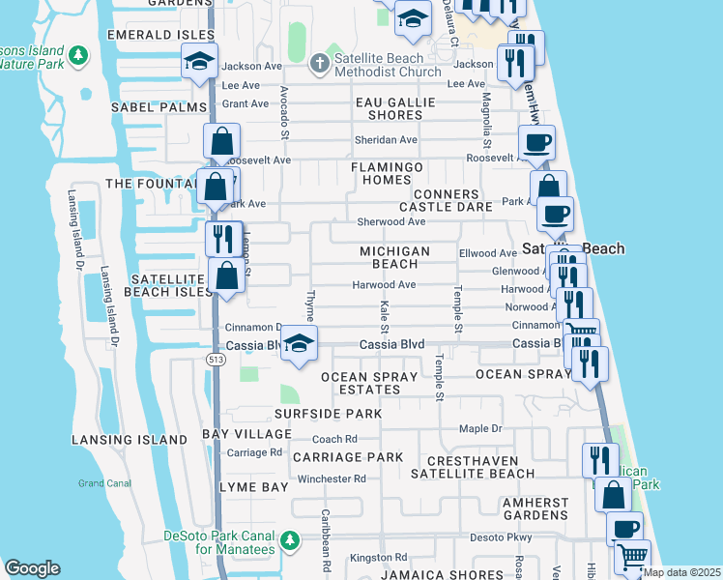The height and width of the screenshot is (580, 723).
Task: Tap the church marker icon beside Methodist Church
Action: [x=320, y=64]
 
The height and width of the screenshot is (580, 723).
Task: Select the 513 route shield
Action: [x=216, y=359]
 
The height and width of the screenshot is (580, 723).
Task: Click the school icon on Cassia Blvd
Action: [x=300, y=345]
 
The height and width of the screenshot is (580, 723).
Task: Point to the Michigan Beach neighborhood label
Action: [x=394, y=257]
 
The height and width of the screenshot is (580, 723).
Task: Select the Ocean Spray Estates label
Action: [x=361, y=383]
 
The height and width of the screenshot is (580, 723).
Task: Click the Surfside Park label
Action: [x=327, y=414]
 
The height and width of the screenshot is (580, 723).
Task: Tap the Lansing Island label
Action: [x=130, y=440]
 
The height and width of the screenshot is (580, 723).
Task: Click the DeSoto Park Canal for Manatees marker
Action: [x=290, y=539]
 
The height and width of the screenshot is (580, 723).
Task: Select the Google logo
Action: [x=32, y=569]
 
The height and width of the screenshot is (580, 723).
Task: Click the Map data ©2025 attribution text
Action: [x=681, y=572]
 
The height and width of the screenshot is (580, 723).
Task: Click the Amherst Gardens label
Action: [x=535, y=509]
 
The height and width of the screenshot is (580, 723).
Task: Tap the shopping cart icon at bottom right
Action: [x=632, y=558]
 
